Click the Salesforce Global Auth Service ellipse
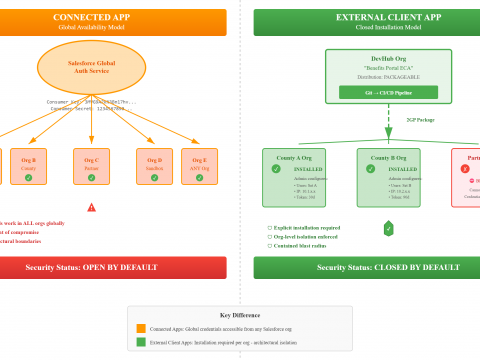click(x=91, y=67)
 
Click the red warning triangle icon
click(x=91, y=207)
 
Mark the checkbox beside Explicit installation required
click(x=270, y=227)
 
